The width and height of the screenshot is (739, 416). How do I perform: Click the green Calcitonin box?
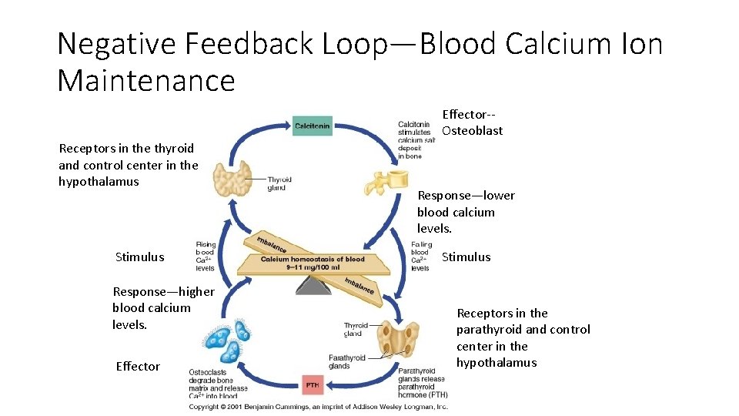(x=313, y=126)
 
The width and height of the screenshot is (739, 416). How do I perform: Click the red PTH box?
(x=313, y=384)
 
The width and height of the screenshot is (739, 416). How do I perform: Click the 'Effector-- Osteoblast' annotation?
(x=472, y=122)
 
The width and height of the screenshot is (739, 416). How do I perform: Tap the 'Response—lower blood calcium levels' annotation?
(x=466, y=212)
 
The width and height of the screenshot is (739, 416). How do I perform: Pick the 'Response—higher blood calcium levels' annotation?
(x=162, y=307)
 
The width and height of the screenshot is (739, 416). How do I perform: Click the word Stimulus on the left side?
(x=139, y=257)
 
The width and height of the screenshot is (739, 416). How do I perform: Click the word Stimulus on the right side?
(x=466, y=257)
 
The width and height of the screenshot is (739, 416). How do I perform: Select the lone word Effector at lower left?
(x=138, y=367)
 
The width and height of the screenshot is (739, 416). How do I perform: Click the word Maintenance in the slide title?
(x=146, y=80)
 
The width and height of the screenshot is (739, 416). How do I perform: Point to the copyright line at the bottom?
(x=318, y=406)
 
